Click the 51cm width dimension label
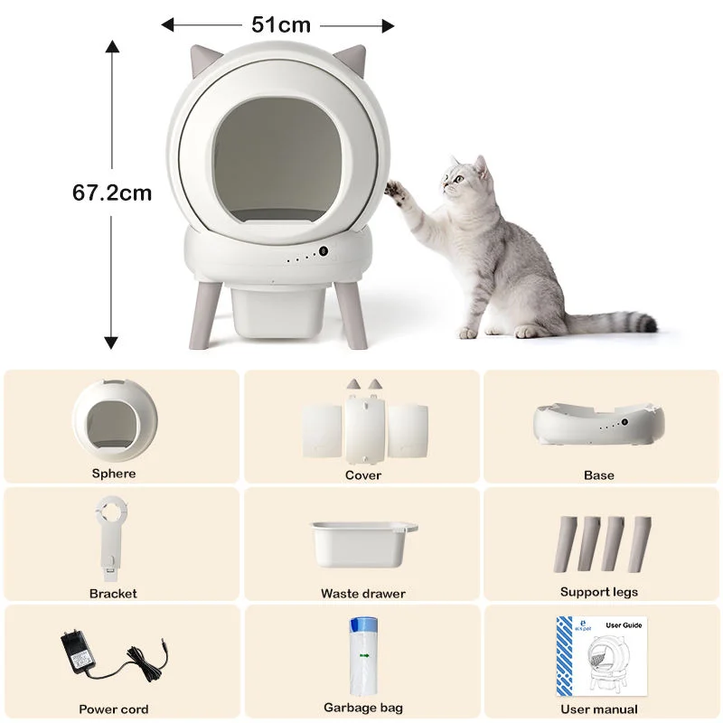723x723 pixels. [x=280, y=25]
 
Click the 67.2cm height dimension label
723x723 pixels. [x=112, y=192]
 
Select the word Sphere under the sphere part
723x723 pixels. [x=114, y=474]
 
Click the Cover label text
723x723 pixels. [x=362, y=475]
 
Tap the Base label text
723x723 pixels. [x=598, y=475]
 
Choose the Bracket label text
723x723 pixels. [x=113, y=594]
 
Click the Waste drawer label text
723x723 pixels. [x=362, y=594]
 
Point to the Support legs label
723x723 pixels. [x=598, y=592]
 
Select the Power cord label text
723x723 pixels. [x=114, y=709]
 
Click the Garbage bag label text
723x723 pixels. [x=363, y=708]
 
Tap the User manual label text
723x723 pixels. [x=598, y=709]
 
